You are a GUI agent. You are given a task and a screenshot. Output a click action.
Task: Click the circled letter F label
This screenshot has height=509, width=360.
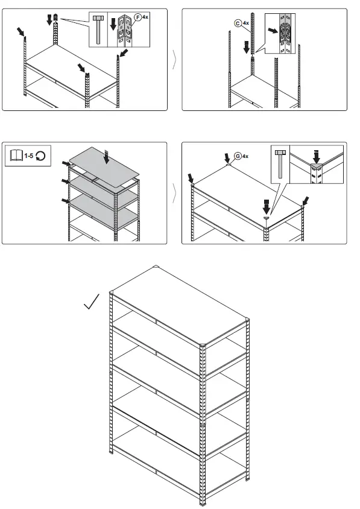138,17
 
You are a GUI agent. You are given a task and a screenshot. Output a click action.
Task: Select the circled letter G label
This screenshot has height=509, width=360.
238,156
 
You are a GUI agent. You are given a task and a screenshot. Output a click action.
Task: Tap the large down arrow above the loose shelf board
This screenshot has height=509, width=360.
106,157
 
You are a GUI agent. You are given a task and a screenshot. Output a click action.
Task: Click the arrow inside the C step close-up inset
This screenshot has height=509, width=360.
274,29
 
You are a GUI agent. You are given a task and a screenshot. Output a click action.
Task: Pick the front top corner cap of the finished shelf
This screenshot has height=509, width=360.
203,346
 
